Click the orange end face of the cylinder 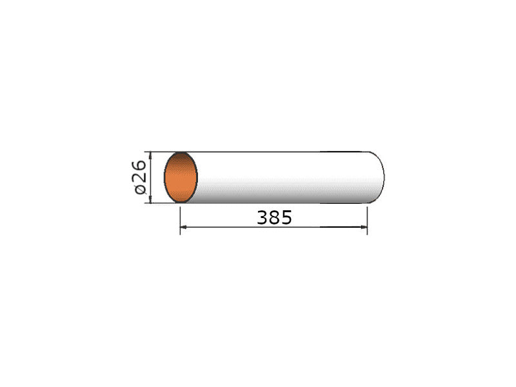point(181,177)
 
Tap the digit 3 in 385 point(263,217)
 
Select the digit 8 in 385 point(275,217)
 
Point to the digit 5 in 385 point(286,217)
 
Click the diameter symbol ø point(140,189)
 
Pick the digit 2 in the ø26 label point(139,178)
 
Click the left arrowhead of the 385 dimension point(184,227)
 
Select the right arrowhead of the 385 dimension point(364,227)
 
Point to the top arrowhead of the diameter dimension point(150,155)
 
